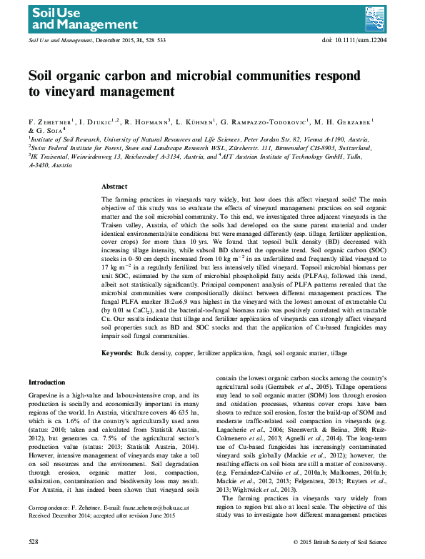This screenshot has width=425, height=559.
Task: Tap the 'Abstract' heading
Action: (x=115, y=185)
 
